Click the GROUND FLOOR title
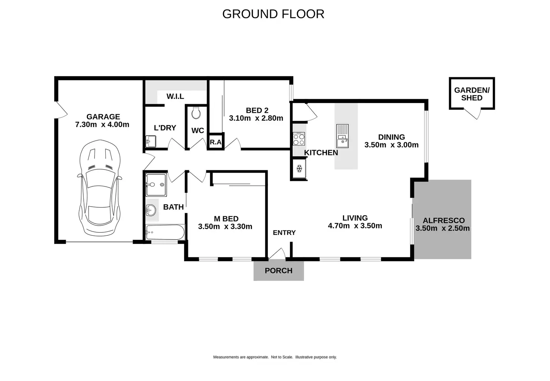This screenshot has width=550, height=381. [273, 14]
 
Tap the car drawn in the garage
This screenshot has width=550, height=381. [100, 188]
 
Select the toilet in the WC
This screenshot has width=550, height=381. [196, 113]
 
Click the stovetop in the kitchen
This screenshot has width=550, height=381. [299, 139]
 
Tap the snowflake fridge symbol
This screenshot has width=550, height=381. [299, 169]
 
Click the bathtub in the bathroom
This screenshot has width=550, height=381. [165, 232]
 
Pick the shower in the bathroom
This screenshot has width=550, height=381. [156, 185]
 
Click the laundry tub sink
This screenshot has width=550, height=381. [151, 142]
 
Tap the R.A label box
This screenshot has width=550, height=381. [216, 142]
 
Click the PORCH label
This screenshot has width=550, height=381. [278, 270]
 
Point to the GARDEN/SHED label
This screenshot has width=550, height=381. [472, 94]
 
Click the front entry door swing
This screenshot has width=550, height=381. [277, 254]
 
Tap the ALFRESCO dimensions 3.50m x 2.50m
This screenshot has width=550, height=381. [442, 228]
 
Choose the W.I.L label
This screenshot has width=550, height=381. [175, 96]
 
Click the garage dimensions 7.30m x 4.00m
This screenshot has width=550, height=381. [102, 124]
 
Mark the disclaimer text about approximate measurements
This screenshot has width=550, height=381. [275, 357]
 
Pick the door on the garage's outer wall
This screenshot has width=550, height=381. [61, 110]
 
